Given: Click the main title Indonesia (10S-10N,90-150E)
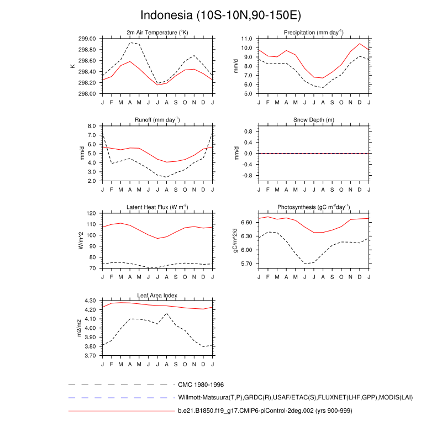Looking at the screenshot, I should pos(221,15).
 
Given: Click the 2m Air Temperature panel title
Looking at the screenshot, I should pos(157,33).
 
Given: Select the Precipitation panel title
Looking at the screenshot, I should pos(314,33).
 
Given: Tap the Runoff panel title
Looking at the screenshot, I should pos(157,120).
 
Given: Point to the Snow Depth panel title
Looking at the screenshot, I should pos(314,120).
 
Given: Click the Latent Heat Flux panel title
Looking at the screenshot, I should pos(157,207).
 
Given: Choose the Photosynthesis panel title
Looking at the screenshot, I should pos(314,207).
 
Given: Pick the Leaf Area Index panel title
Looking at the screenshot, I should pos(157,295).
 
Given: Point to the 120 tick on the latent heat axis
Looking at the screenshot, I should pos(92,213).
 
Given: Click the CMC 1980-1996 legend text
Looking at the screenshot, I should pos(201,384).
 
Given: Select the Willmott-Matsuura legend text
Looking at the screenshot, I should pos(296,398).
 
